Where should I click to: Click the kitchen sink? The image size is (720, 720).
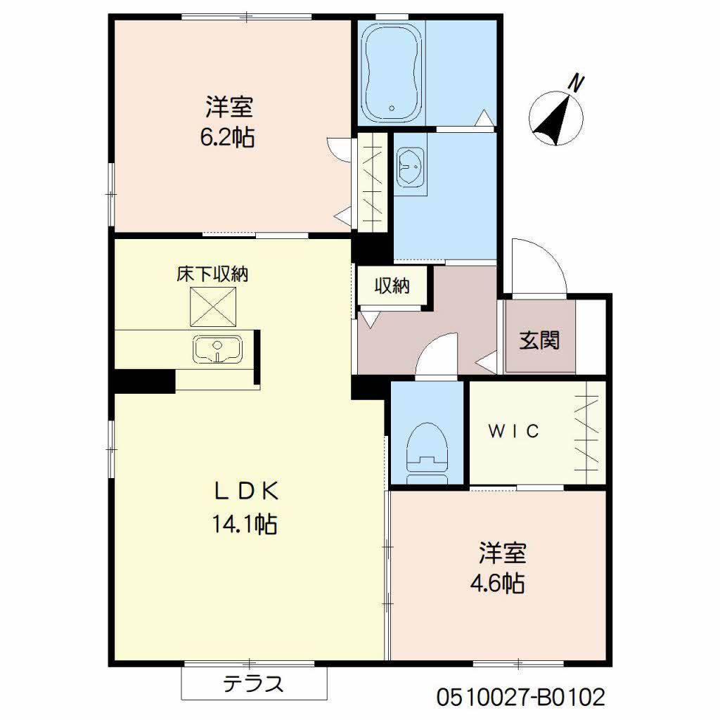point(217,349)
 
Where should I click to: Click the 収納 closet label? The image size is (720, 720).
point(392,286)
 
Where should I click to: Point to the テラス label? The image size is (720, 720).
point(254,683)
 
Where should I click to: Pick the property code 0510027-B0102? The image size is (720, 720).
point(520,697)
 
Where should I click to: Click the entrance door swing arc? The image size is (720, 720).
point(538,266)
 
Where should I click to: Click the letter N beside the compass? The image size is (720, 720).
point(577,83)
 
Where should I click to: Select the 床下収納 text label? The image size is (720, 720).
point(212,274)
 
